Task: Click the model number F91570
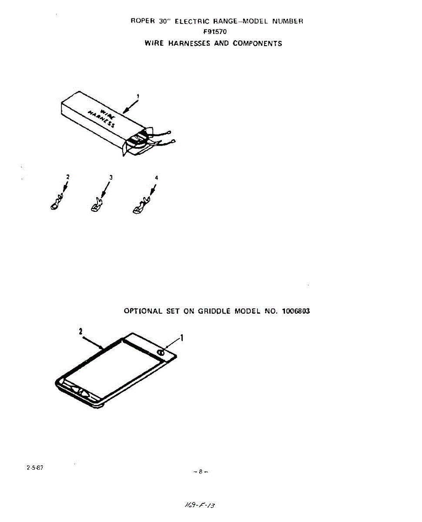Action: click(x=215, y=31)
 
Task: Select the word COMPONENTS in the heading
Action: click(x=257, y=43)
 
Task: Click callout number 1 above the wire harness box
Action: click(x=138, y=96)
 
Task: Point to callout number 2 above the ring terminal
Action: click(x=67, y=177)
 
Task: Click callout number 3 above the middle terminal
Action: click(x=111, y=177)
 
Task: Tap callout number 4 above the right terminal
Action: click(x=156, y=178)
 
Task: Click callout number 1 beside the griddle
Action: click(x=181, y=337)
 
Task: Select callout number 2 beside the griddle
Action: click(x=81, y=331)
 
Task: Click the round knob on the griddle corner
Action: click(x=161, y=353)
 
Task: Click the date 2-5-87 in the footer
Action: click(x=35, y=468)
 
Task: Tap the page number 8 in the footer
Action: click(x=201, y=471)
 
